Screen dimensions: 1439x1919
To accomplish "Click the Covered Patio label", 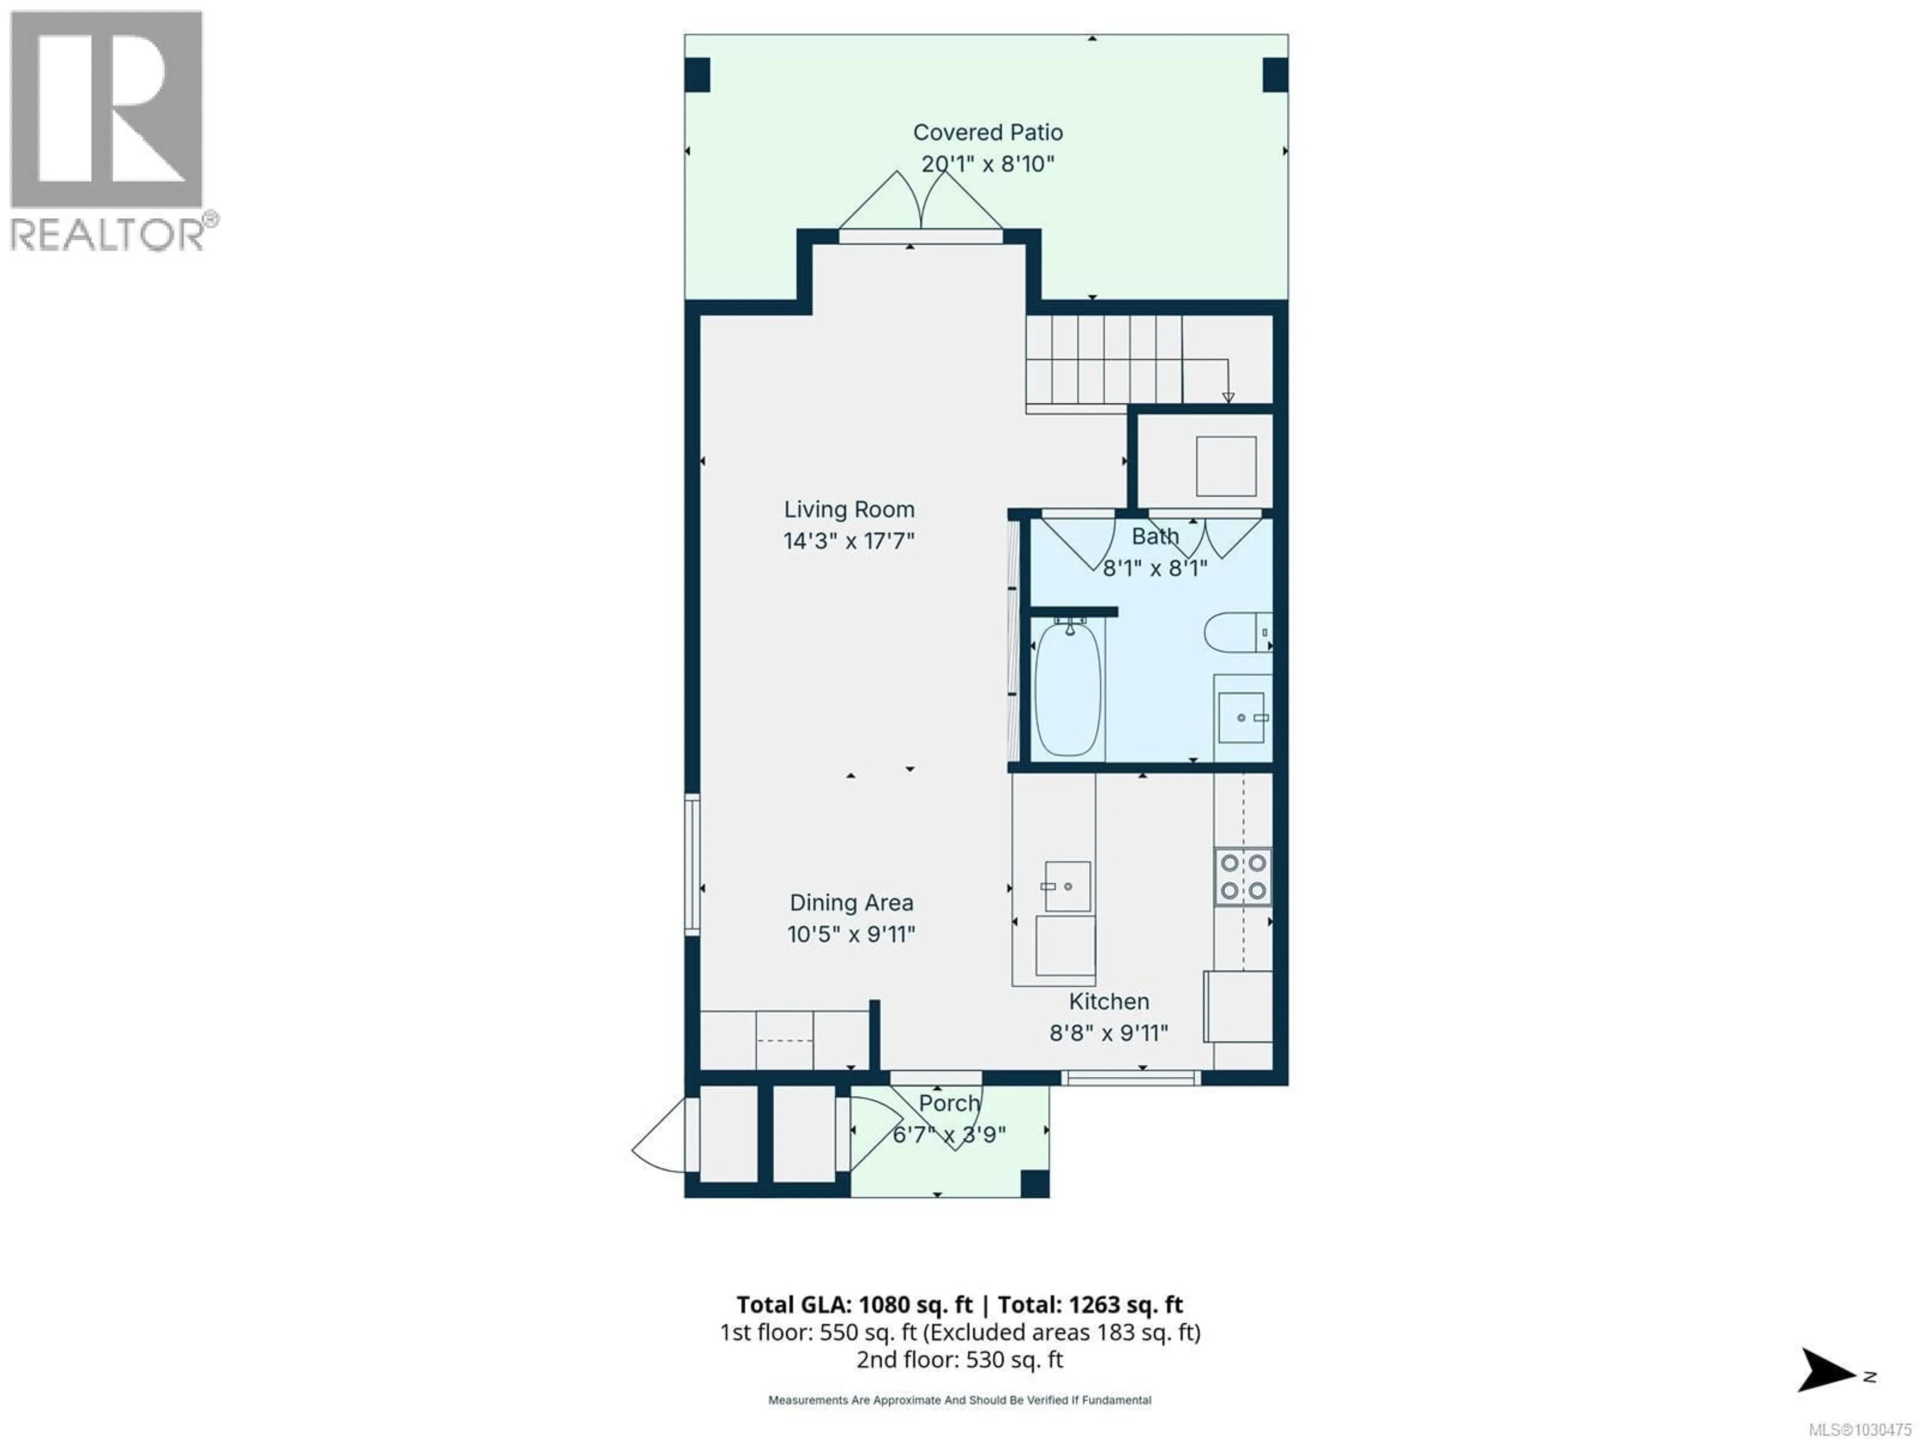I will coord(987,133).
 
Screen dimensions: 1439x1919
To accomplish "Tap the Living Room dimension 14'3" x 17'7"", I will coord(849,541).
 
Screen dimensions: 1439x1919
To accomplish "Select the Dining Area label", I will coord(851,903).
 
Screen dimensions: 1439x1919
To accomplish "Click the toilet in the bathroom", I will coord(1236,633).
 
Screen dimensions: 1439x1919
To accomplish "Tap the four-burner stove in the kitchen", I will coord(1242,876).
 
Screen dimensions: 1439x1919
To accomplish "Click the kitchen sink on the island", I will coord(1067,886).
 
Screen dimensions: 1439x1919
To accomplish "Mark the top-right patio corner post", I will coord(1274,74).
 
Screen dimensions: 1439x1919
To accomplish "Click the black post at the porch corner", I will coord(1034,1183).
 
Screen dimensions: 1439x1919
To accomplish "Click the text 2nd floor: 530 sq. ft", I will coord(959,1359).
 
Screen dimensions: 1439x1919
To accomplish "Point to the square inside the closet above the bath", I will coord(1226,466).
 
